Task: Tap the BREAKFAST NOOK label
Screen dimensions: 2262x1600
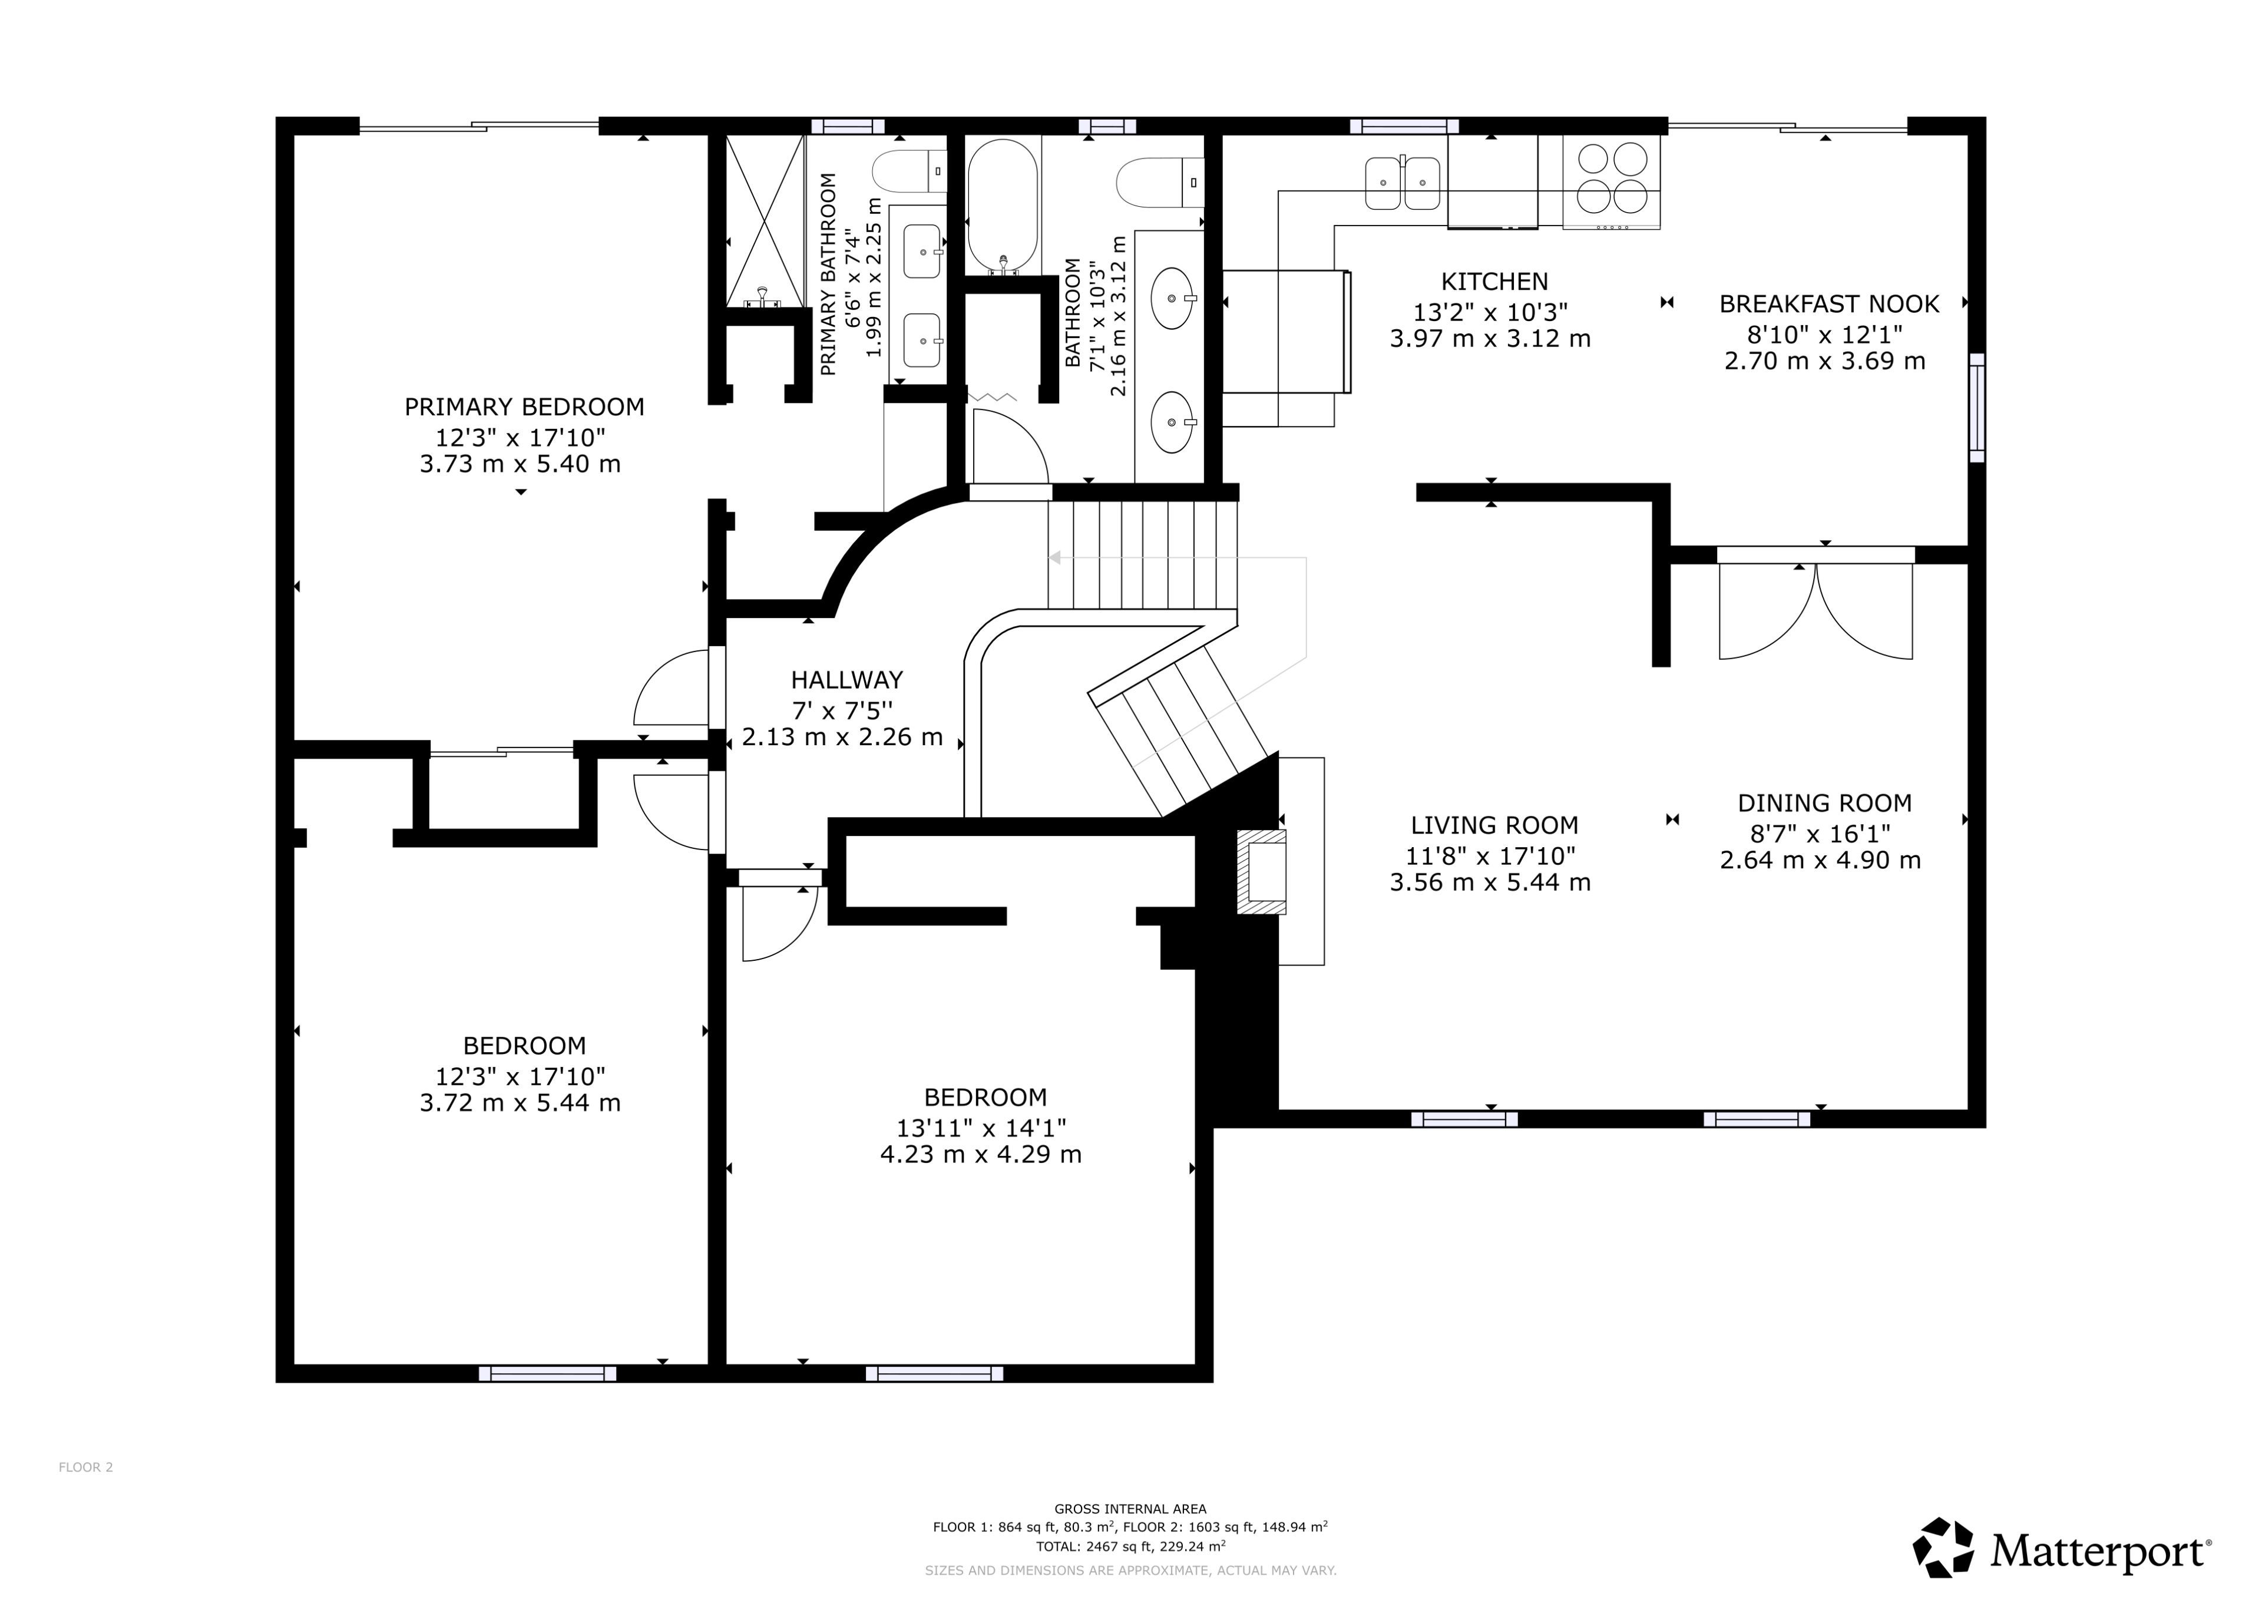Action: coord(1830,305)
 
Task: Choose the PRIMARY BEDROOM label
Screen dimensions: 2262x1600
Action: coord(524,407)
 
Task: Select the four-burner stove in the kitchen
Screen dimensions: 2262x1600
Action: coord(1612,182)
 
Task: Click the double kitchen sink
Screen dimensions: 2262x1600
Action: coord(1403,183)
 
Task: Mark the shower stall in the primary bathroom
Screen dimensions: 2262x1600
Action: coord(765,222)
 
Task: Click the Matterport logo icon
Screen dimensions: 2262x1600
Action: coord(1944,1548)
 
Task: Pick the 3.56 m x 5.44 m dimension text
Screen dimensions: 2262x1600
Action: coord(1490,882)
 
